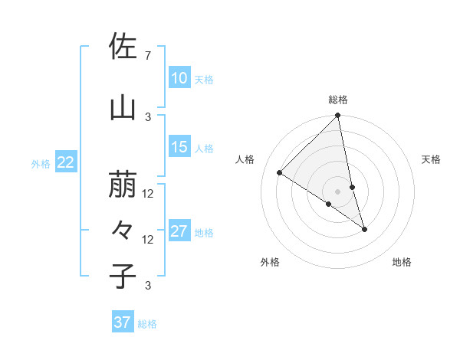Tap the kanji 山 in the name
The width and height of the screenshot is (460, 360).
point(123,109)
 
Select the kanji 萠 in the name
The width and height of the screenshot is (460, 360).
point(123,185)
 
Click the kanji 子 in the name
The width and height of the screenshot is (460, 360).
point(123,276)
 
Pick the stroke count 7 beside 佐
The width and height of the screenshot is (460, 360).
point(147,56)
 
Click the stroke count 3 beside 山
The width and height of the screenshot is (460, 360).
point(148,116)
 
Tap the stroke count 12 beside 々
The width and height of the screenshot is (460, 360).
point(148,240)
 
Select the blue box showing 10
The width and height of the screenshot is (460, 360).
point(179,78)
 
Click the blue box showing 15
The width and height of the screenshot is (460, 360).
point(179,147)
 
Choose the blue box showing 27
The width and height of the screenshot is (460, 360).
point(179,231)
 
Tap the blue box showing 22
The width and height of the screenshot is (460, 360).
point(66,162)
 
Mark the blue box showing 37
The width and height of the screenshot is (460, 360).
point(122,322)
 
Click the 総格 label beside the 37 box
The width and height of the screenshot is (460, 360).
point(147,324)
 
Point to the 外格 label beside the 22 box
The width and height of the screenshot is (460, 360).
point(41,163)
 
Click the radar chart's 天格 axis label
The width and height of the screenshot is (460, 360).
point(431,159)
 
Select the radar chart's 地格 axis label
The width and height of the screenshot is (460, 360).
point(402,262)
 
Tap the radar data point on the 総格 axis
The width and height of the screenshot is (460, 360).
point(337,116)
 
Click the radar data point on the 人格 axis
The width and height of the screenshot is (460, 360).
point(280,173)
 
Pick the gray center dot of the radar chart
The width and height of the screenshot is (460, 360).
point(337,191)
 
